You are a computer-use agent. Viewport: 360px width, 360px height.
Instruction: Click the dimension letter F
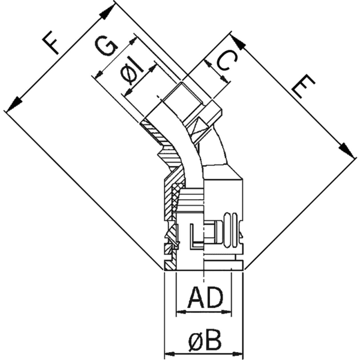(x=52, y=44)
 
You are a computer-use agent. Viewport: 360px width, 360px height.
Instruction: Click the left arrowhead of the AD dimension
(x=180, y=311)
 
